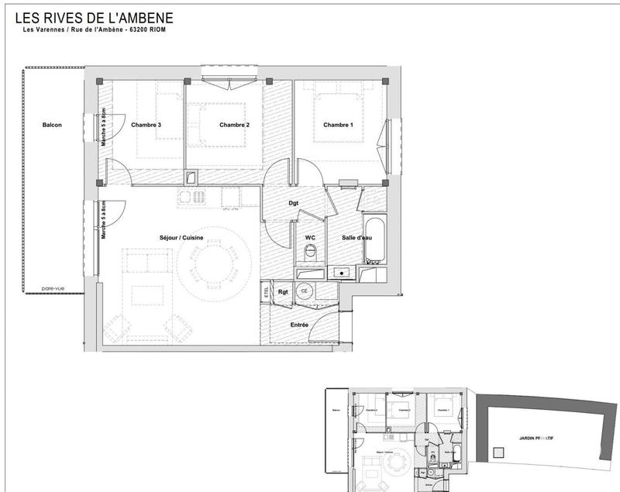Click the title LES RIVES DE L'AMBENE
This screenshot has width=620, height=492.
(95, 17)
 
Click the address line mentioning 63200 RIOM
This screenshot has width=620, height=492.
(95, 31)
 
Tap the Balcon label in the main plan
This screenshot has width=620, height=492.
(52, 125)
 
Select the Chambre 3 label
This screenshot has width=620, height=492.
(146, 125)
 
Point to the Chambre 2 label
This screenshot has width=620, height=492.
(234, 125)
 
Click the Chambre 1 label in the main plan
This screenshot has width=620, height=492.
(338, 125)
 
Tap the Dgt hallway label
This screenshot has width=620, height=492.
(294, 203)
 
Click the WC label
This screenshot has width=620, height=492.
(309, 237)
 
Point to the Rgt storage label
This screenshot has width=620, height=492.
(283, 291)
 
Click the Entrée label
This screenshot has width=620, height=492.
(299, 325)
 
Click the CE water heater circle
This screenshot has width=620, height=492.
(305, 291)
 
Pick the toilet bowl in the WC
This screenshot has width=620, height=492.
(310, 253)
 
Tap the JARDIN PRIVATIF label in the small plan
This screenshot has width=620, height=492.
(536, 437)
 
